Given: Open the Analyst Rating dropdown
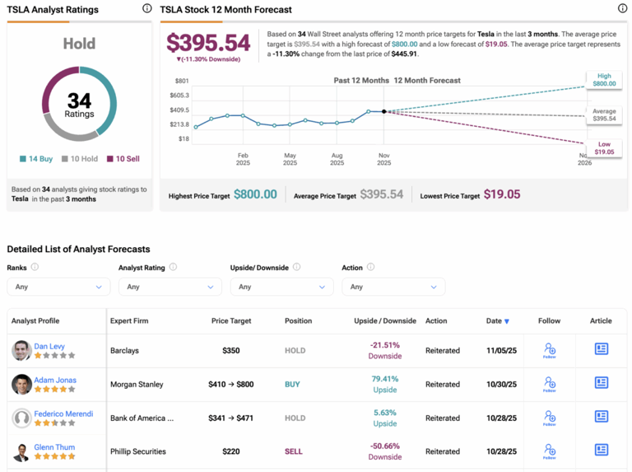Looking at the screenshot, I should (170, 287).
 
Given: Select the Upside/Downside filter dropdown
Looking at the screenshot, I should (281, 287).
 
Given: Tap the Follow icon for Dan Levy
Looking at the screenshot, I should (549, 350).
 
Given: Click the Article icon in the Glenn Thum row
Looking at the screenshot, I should (602, 451).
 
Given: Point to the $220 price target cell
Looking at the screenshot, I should (231, 451).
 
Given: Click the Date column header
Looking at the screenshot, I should (496, 320).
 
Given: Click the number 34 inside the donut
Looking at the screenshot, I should (79, 100).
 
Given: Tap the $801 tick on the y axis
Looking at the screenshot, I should (182, 81).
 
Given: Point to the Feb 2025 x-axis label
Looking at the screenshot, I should (243, 159).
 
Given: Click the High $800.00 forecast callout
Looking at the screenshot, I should (604, 79).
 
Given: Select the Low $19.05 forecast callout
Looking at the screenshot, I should (604, 148).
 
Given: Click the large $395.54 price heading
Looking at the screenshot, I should (208, 43).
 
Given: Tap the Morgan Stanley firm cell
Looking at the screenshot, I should (137, 384).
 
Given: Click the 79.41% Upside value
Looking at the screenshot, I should (385, 380).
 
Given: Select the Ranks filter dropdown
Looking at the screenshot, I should (58, 287).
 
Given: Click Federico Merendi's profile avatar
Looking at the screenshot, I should (21, 418).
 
